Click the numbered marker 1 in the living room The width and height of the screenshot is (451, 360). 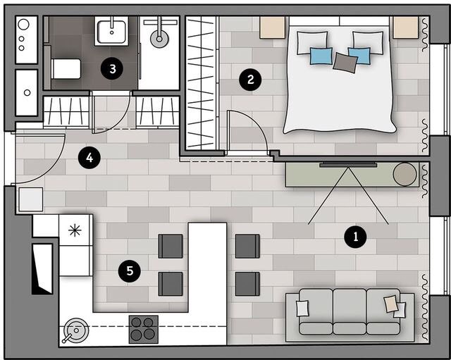click(355, 237)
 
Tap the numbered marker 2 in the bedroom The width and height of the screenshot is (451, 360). click(250, 80)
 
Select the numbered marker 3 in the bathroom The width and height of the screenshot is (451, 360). click(112, 69)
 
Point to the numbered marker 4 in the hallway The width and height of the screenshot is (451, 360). click(89, 158)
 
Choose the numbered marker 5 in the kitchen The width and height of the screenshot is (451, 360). click(130, 271)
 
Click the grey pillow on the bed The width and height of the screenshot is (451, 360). click(345, 63)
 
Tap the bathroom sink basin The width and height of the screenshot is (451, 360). click(111, 31)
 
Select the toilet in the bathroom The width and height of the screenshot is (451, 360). click(66, 69)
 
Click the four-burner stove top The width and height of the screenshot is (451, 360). click(144, 329)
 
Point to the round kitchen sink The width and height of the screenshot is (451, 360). click(76, 330)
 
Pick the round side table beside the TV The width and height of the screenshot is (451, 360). click(404, 174)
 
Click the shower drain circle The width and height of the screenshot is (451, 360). click(159, 39)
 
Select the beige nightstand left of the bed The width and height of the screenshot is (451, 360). click(272, 27)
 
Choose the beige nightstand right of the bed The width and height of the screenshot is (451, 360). click(406, 27)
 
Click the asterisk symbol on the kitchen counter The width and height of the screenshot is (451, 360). click(75, 230)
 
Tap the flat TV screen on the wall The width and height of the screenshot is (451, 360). click(348, 165)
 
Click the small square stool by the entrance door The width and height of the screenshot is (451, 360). click(31, 199)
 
